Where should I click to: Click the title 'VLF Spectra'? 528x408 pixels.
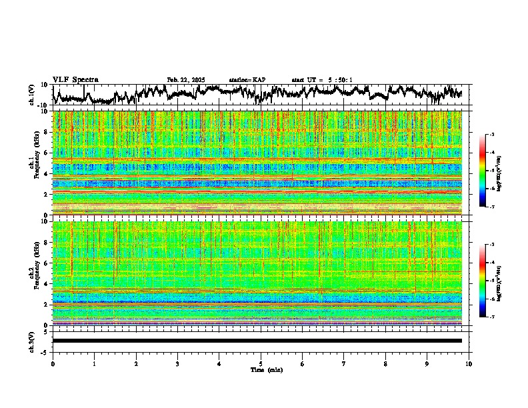(75, 80)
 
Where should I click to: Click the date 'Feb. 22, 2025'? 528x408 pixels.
(186, 80)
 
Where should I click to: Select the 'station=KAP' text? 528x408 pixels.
(247, 80)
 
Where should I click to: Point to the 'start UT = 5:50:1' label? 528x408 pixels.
(322, 80)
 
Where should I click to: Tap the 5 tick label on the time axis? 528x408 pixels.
(261, 363)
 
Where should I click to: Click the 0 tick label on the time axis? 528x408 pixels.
(53, 363)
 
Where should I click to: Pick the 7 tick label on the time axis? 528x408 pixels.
(344, 363)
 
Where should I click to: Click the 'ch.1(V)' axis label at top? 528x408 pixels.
(32, 95)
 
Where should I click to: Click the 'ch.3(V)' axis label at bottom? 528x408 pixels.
(32, 341)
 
